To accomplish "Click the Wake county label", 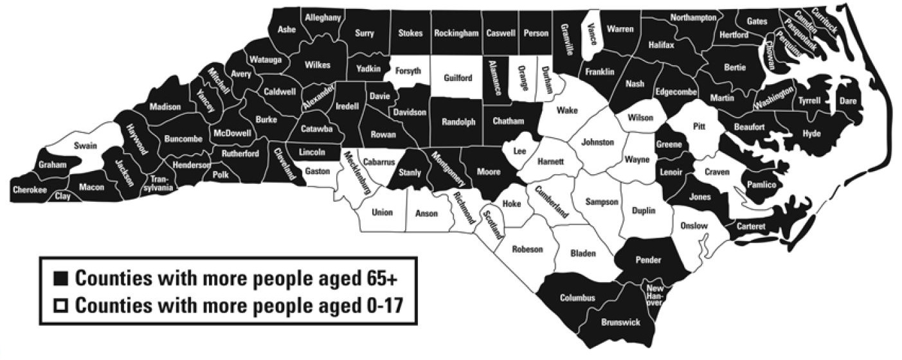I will click(x=567, y=110).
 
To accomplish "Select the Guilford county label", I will click(x=458, y=78).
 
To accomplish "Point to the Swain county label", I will click(x=85, y=145).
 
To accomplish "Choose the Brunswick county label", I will click(x=620, y=322).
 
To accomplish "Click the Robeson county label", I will click(x=527, y=249).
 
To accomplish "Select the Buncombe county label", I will click(x=183, y=138).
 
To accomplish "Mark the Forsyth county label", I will click(x=408, y=71).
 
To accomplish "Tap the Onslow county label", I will click(x=694, y=226).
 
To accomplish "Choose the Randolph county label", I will click(x=458, y=122).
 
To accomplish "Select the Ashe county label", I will click(x=286, y=29).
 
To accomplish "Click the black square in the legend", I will click(x=61, y=279).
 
